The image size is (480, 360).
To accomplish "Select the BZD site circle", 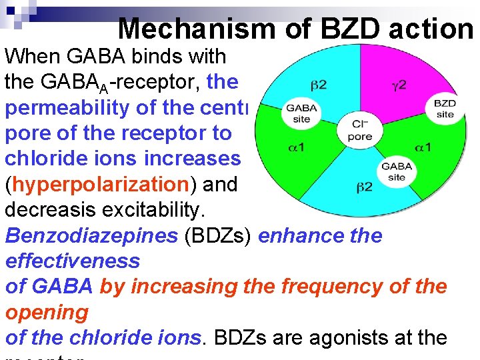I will [x=445, y=109].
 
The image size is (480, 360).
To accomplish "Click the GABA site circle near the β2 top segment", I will [x=301, y=113].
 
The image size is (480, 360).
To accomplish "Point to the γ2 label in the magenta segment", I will [x=399, y=86].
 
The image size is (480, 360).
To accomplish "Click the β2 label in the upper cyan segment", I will [x=318, y=85].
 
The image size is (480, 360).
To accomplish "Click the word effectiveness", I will [x=73, y=261].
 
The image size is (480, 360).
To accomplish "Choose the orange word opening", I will [x=47, y=312].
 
